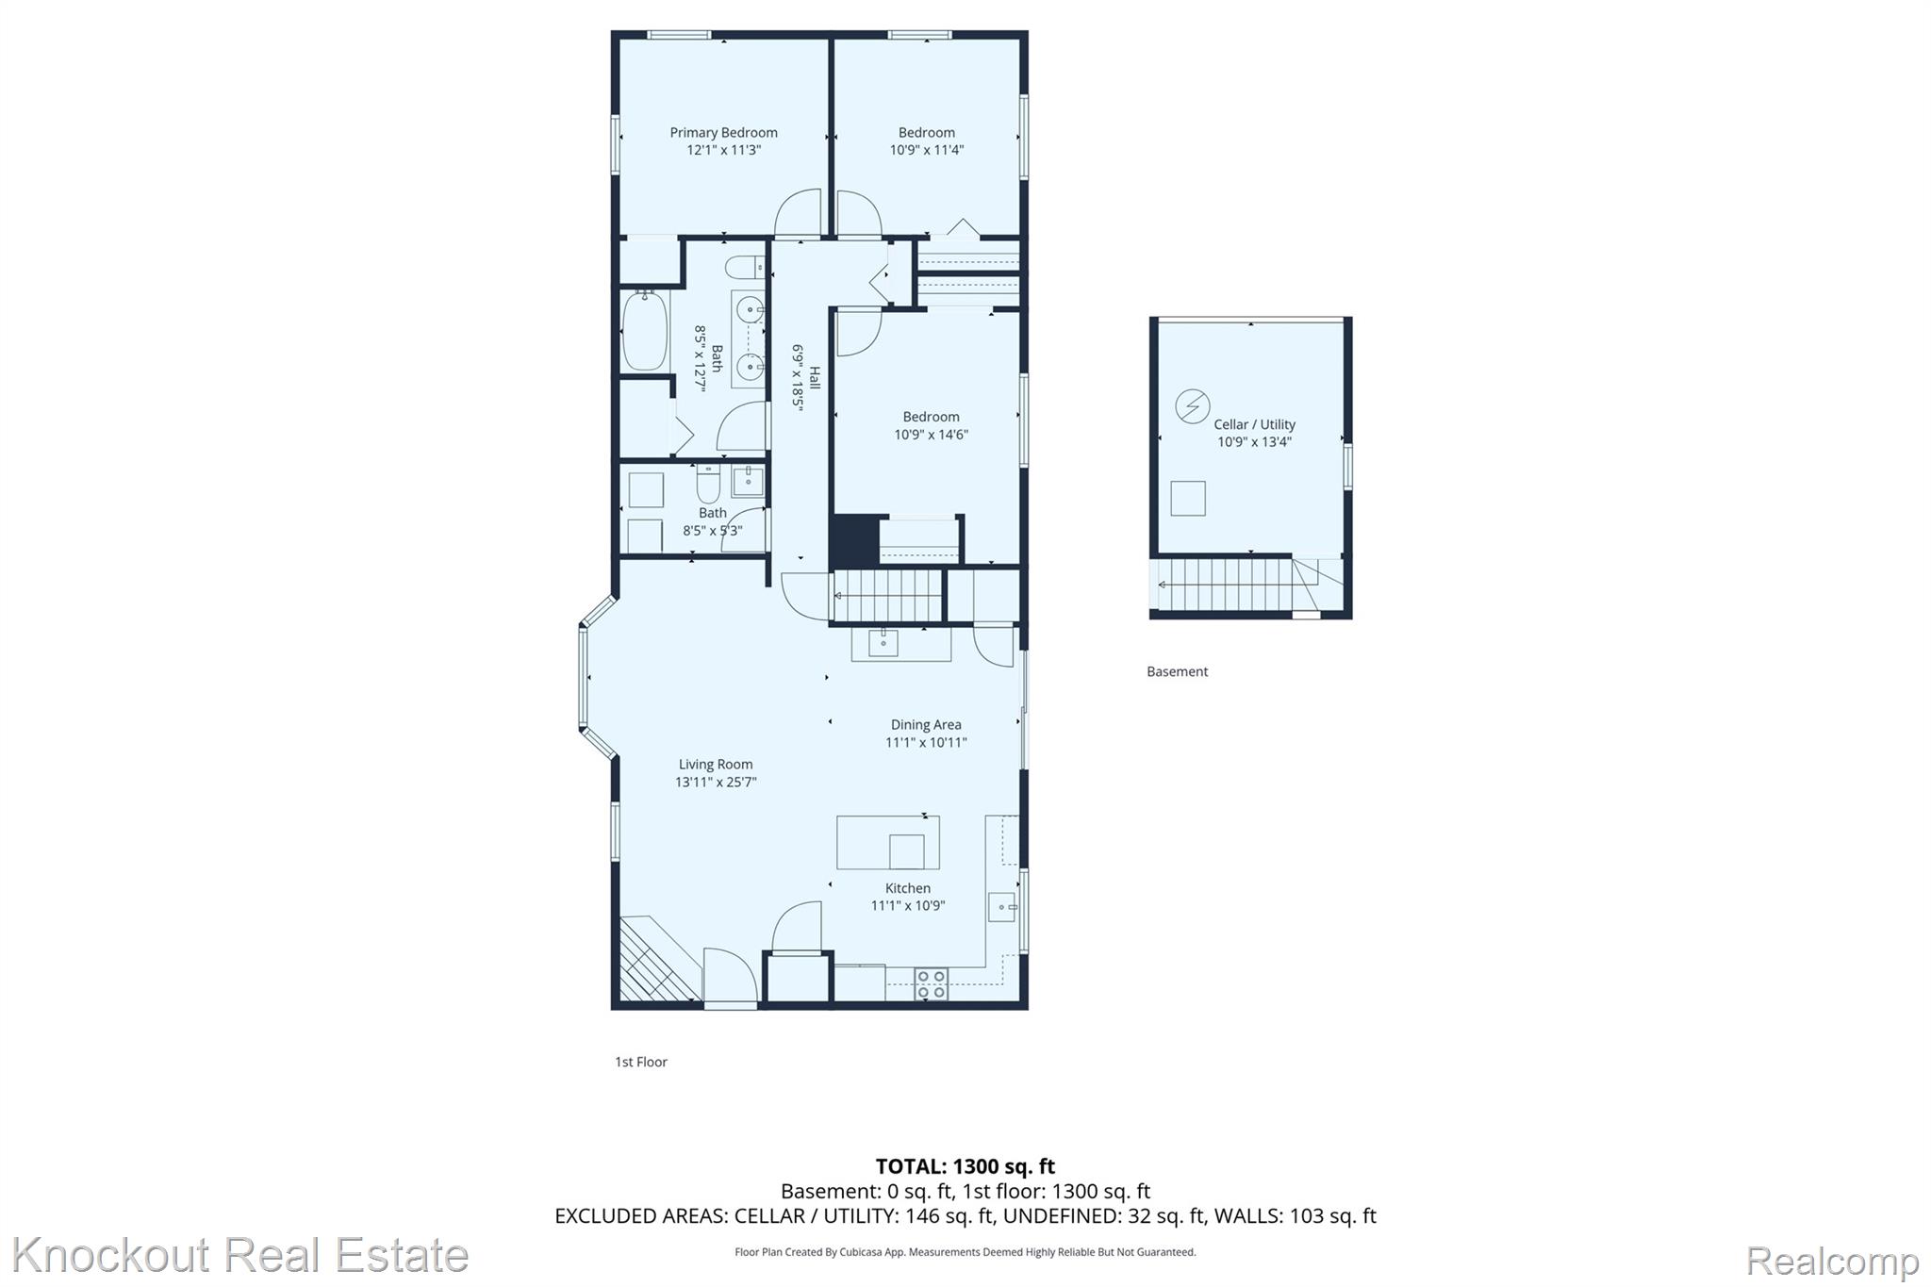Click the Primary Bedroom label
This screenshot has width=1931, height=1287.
click(723, 133)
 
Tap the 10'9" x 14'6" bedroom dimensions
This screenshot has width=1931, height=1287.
click(931, 435)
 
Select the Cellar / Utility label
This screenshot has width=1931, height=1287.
click(1254, 424)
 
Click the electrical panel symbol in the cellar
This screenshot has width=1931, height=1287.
click(1192, 406)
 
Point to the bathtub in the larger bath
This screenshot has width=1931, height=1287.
click(645, 330)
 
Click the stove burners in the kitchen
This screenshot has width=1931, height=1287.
click(931, 984)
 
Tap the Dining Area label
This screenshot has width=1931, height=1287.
click(926, 725)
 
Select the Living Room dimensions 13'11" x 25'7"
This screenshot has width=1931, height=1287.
click(716, 782)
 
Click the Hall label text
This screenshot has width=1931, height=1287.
click(815, 378)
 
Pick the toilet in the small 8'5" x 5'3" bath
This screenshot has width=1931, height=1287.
click(708, 484)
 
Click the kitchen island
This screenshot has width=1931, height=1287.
click(888, 842)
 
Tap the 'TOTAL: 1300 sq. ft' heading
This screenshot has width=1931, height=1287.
click(965, 1166)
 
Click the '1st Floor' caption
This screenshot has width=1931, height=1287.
click(641, 1062)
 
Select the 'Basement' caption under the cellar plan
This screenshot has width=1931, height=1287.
click(1177, 671)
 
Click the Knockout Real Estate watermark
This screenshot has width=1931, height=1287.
click(240, 1255)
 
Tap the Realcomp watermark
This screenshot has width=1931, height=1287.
click(1833, 1261)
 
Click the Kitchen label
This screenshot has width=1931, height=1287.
click(908, 888)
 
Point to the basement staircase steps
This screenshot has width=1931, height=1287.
click(1225, 585)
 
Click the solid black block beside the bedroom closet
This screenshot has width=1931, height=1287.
click(855, 541)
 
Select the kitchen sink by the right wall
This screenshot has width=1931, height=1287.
click(1001, 907)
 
